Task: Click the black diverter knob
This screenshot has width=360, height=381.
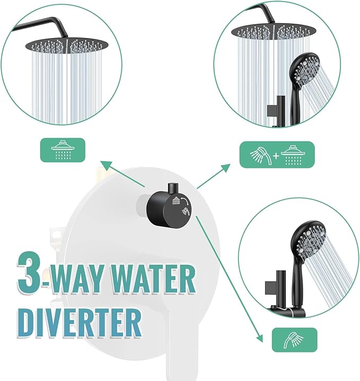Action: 169,205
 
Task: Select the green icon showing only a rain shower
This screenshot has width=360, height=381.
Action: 63,151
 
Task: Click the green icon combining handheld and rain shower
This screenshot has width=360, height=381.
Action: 277,154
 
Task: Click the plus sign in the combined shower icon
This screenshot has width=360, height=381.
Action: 276,155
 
